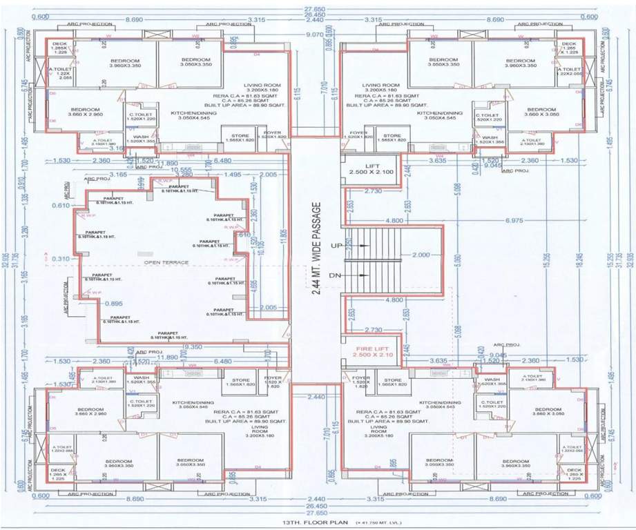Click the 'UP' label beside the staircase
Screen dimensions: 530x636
pyautogui.click(x=337, y=246)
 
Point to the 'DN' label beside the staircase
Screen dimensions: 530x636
pyautogui.click(x=337, y=275)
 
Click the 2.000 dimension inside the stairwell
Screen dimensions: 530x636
pyautogui.click(x=423, y=255)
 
